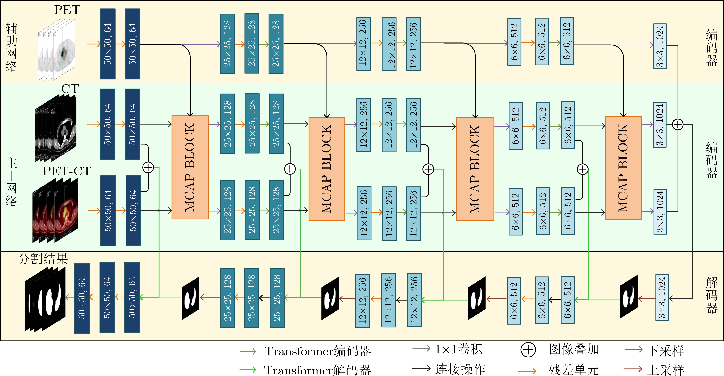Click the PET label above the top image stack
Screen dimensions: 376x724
(x=67, y=10)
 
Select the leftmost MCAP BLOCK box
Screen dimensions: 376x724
(x=190, y=167)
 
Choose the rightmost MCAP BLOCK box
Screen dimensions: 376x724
(x=623, y=168)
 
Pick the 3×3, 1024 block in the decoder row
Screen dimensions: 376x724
(x=662, y=297)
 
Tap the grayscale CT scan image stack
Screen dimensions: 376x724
(x=55, y=128)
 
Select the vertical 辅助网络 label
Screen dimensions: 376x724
(x=11, y=47)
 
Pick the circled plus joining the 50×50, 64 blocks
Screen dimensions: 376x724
(x=148, y=168)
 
